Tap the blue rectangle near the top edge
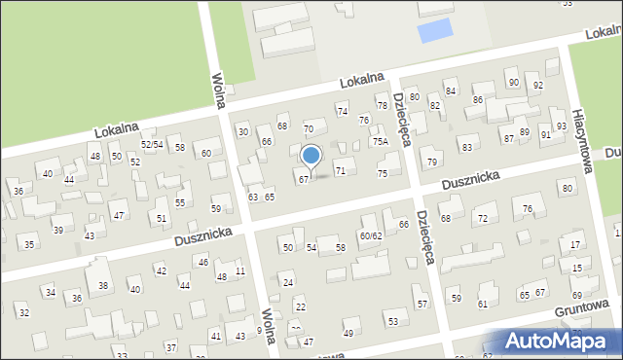[x=434, y=31]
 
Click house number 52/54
[x=151, y=144]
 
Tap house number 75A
[x=381, y=141]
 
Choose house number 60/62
[x=371, y=235]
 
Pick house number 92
[x=538, y=86]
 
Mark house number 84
[x=450, y=90]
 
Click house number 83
[x=467, y=147]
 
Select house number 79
[x=432, y=161]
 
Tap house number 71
[x=341, y=170]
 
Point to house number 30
[x=243, y=131]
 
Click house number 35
[x=29, y=244]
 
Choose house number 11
[x=239, y=270]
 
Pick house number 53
[x=392, y=321]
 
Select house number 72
[x=482, y=218]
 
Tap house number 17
[x=577, y=244]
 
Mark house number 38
[x=103, y=285]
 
